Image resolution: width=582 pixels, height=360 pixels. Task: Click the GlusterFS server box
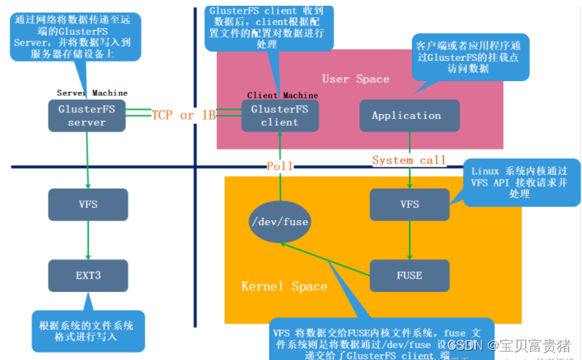click(x=87, y=115)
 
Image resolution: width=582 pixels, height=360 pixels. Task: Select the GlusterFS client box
click(x=279, y=115)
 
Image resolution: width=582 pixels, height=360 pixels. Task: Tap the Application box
click(x=406, y=115)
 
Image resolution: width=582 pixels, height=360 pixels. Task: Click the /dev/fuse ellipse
click(x=280, y=222)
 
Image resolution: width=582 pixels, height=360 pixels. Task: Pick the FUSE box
click(x=409, y=275)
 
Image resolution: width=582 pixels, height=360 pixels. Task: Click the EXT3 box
click(x=88, y=275)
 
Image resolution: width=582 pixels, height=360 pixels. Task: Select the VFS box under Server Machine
click(x=88, y=204)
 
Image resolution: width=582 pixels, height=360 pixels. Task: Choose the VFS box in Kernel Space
click(x=409, y=204)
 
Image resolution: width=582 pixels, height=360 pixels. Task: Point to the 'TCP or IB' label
click(x=184, y=115)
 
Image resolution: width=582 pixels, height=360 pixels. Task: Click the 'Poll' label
click(x=280, y=166)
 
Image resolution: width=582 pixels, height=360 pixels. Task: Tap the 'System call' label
click(x=409, y=160)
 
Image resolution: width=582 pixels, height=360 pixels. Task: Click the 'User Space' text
click(x=355, y=79)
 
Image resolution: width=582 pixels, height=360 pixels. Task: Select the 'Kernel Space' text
click(x=284, y=286)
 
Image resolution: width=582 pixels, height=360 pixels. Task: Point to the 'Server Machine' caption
click(x=92, y=93)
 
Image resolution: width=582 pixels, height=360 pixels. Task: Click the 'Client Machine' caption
click(x=282, y=95)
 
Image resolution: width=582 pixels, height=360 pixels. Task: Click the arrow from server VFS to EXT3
click(x=88, y=240)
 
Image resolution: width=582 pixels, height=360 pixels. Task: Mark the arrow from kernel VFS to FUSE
click(x=409, y=240)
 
